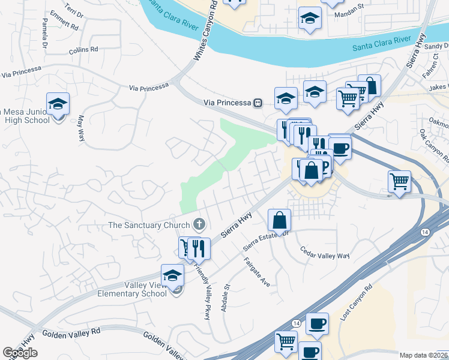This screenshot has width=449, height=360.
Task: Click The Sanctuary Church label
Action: pyautogui.click(x=149, y=226)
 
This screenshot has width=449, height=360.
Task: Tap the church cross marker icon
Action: pyautogui.click(x=200, y=225)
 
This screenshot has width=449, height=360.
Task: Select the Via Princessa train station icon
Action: pyautogui.click(x=258, y=103)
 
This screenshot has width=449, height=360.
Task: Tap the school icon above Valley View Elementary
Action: pyautogui.click(x=172, y=275)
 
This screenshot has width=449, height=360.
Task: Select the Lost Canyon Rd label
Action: pyautogui.click(x=357, y=302)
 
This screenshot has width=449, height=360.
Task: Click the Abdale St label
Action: pyautogui.click(x=228, y=297)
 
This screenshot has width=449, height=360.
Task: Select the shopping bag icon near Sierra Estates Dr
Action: pyautogui.click(x=280, y=221)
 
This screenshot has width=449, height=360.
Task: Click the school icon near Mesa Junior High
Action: pyautogui.click(x=58, y=104)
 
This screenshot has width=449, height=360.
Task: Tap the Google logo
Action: pyautogui.click(x=20, y=353)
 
